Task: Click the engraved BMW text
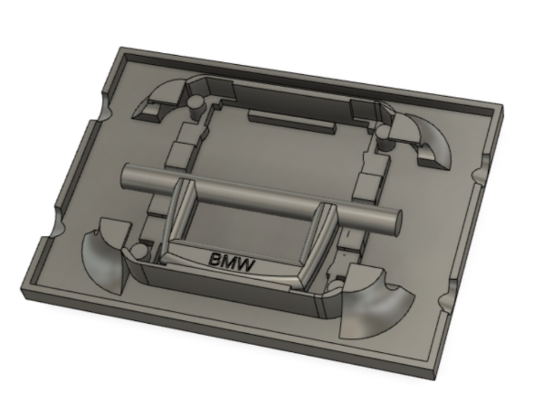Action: (x=231, y=261)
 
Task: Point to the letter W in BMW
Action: (x=246, y=263)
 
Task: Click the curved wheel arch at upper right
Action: (x=431, y=141)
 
